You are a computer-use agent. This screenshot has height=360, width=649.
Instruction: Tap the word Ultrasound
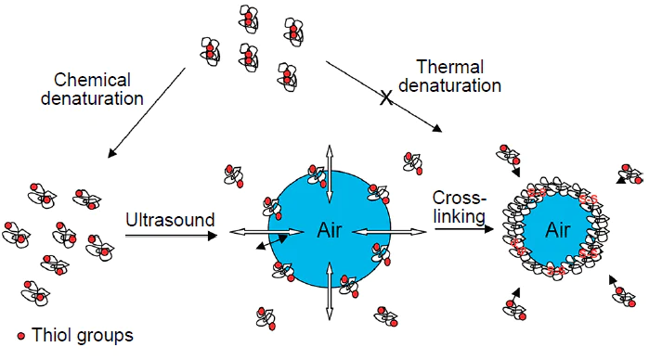click(170, 220)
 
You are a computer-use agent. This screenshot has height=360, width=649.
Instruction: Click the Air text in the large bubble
click(330, 231)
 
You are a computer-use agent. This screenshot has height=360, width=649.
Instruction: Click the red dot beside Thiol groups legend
click(21, 335)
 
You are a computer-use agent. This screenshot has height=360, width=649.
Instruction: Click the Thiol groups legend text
click(82, 335)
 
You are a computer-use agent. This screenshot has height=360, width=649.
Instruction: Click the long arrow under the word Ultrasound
click(171, 236)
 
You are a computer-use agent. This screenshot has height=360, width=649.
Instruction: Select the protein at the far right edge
click(631, 174)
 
